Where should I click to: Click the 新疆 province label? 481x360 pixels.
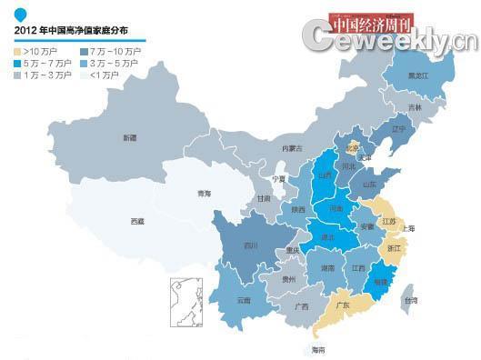[x=129, y=137]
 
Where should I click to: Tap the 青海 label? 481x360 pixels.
[x=205, y=194]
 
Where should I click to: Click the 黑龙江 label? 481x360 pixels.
[x=419, y=76]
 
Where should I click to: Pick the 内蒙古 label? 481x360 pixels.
[x=291, y=147]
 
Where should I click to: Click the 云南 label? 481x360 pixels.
[x=243, y=299]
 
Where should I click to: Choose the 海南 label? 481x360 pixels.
[x=317, y=349]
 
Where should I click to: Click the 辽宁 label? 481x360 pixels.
[x=397, y=130]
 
